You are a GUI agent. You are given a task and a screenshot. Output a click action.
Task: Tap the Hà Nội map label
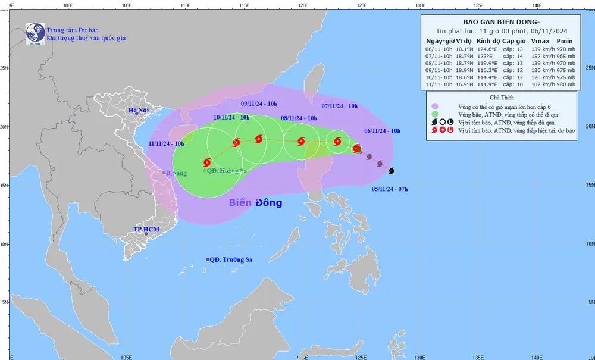pos(138,111)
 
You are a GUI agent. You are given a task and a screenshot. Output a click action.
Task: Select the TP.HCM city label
pos(146,229)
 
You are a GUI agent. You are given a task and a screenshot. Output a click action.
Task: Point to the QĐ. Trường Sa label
pos(231,259)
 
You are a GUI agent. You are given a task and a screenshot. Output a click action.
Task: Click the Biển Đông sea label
pos(256,203)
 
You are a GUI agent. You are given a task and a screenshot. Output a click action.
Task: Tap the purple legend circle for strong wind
pos(435,106)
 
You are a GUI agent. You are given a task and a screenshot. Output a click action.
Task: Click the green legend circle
pos(435,114)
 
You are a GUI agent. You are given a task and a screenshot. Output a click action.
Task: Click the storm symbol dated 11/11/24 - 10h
pos(207,162)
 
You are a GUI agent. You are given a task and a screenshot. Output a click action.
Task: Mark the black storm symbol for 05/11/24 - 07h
pos(391,171)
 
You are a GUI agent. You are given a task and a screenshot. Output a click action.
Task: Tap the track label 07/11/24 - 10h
pos(339,106)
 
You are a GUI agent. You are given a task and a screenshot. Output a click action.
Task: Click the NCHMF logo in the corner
pos(36,33)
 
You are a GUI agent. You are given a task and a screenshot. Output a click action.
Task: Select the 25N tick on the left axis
pos(4,67)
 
